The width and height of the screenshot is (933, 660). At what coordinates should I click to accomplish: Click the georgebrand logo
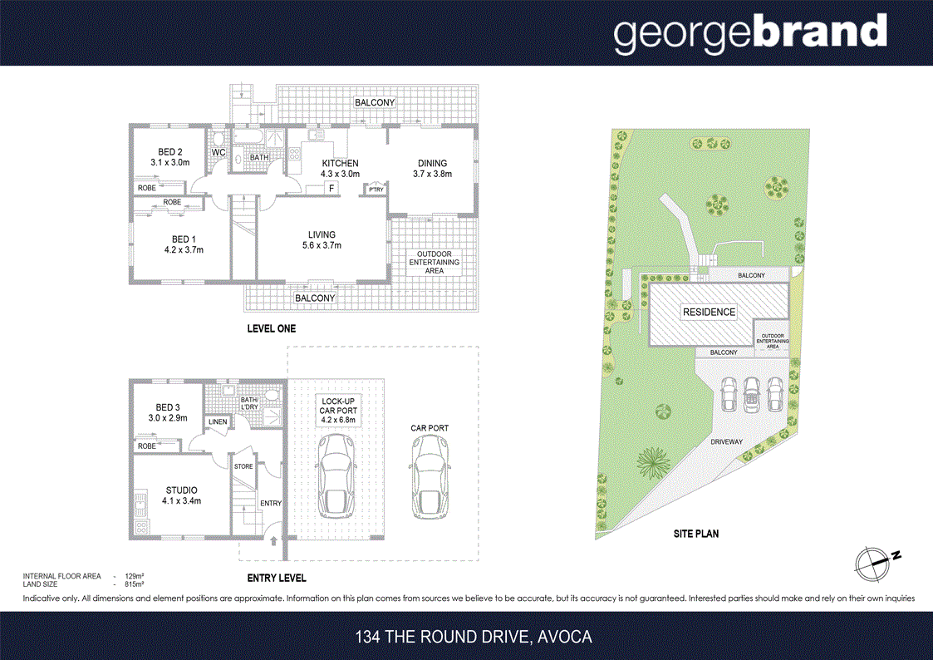[749, 33]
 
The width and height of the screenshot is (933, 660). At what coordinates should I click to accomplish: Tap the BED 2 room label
[169, 157]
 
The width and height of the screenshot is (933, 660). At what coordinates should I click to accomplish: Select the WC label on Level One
[219, 153]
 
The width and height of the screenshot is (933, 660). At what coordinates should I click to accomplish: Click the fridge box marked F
[331, 189]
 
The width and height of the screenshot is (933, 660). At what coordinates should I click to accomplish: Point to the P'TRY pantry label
[376, 189]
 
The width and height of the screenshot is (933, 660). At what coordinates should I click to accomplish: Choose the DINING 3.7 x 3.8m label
[432, 169]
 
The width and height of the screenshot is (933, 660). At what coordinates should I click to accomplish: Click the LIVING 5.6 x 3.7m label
[322, 240]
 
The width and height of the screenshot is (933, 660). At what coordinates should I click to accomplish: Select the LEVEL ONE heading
[271, 329]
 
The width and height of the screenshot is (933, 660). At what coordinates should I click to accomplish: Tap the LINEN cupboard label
[218, 421]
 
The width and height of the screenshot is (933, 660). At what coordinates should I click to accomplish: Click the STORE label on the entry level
[243, 466]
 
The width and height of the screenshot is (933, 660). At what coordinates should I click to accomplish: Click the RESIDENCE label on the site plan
[709, 313]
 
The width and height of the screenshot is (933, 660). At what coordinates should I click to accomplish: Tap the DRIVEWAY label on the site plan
[726, 442]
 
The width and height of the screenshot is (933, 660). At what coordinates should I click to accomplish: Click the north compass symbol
[874, 563]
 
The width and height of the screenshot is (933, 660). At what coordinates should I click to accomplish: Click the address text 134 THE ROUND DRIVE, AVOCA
[474, 638]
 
